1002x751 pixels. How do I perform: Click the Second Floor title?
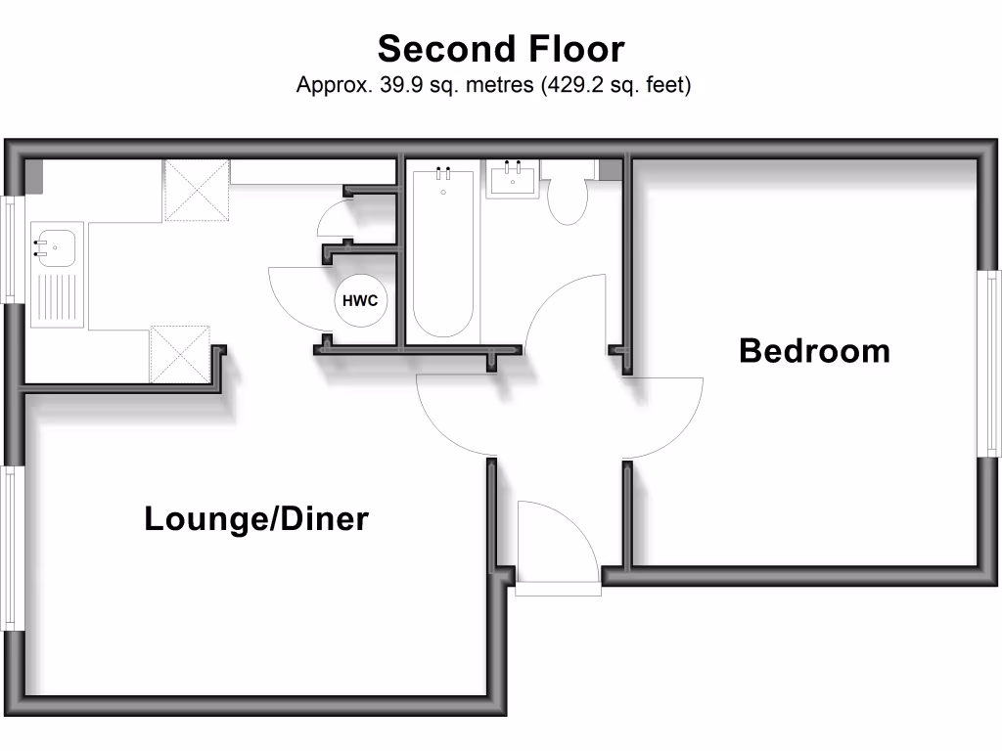click(501, 48)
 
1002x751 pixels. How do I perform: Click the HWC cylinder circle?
click(360, 300)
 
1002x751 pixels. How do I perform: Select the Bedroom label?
click(814, 350)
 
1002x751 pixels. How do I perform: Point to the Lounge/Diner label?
click(256, 518)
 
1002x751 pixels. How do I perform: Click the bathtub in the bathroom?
click(443, 254)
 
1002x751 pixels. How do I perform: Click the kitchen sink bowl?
click(54, 246)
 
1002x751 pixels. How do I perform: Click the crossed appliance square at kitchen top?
click(196, 190)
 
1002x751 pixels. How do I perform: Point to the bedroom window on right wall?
click(989, 362)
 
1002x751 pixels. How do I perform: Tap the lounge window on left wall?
click(11, 548)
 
